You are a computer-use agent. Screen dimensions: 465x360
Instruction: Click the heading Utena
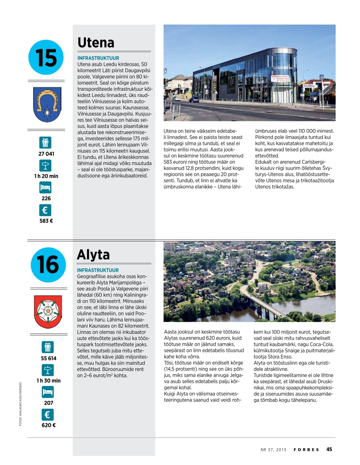click(x=96, y=43)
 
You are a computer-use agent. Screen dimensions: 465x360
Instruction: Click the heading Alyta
click(x=93, y=255)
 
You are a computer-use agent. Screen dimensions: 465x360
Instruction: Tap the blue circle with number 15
click(x=46, y=57)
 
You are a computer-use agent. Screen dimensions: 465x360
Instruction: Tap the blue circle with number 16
click(x=48, y=265)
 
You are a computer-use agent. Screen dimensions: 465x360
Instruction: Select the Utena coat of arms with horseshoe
click(x=47, y=105)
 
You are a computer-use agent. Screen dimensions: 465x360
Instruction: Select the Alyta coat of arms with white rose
click(x=48, y=312)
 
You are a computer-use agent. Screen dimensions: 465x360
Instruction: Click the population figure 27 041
click(x=46, y=154)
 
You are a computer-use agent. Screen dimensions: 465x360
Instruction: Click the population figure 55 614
click(x=48, y=359)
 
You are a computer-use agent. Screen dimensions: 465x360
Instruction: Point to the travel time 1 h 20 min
click(x=46, y=176)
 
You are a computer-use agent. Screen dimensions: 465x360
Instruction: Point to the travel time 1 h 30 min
click(x=48, y=381)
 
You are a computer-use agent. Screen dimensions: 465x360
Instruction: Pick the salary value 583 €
click(x=46, y=221)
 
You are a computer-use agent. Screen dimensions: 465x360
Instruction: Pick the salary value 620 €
click(x=48, y=425)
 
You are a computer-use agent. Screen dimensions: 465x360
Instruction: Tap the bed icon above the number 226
click(x=45, y=188)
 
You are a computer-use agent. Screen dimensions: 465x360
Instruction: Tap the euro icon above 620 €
click(x=47, y=415)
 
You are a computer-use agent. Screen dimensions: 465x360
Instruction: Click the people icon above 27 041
click(x=45, y=142)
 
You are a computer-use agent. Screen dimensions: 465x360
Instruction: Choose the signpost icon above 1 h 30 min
click(x=47, y=370)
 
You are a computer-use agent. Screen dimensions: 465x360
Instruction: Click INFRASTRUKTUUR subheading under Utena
click(x=98, y=58)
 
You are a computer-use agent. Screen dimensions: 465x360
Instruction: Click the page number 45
click(x=329, y=449)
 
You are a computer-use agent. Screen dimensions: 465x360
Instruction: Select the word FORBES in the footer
click(x=306, y=450)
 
